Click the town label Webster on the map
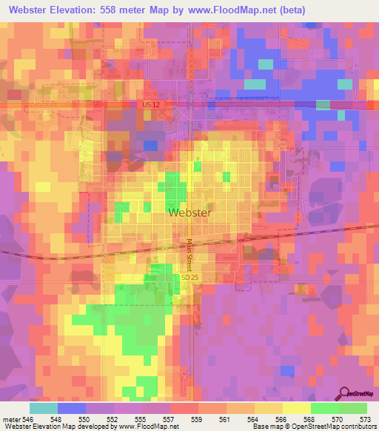[190, 213]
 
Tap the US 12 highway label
[150, 105]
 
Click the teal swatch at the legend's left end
[43, 408]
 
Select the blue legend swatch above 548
[72, 408]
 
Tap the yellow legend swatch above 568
[296, 408]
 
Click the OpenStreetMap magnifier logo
[346, 395]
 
